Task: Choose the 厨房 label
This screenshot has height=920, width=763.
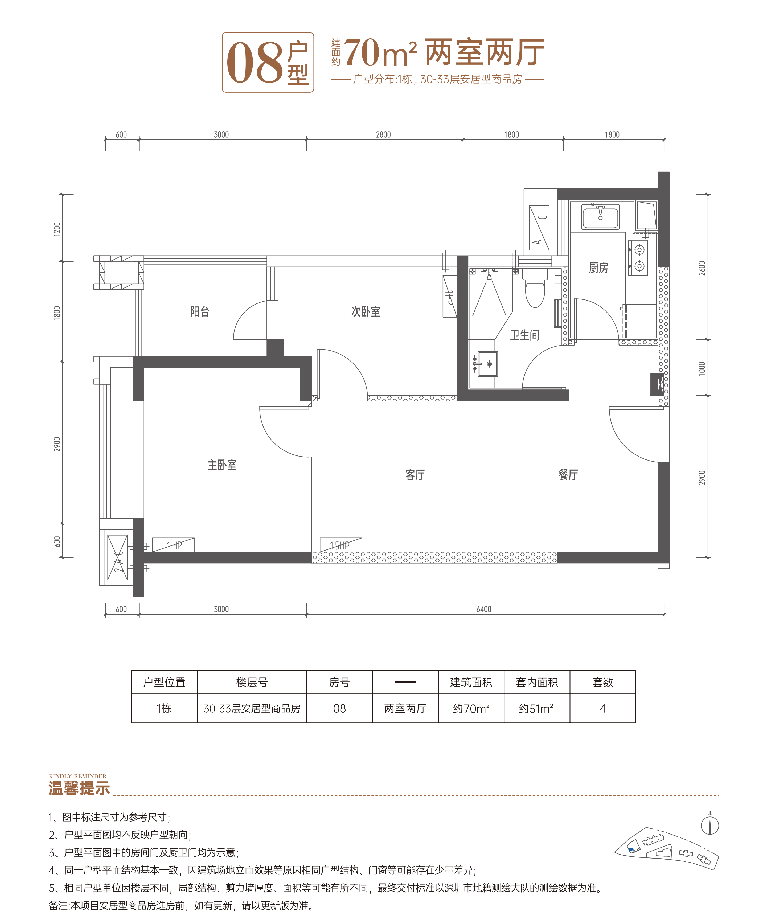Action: tap(599, 268)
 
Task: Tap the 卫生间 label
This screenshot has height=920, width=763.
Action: tap(524, 336)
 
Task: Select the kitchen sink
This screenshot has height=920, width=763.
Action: tap(600, 216)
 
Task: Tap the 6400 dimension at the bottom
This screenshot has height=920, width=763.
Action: tap(484, 609)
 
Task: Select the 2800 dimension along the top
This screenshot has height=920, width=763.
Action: tap(383, 134)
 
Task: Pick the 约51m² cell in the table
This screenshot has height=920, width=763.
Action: tap(536, 708)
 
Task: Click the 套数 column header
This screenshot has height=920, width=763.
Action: tap(602, 682)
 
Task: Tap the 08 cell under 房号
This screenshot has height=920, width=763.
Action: tap(340, 708)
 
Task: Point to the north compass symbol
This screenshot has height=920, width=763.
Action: tap(710, 825)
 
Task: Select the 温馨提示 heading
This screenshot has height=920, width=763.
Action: tap(79, 788)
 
